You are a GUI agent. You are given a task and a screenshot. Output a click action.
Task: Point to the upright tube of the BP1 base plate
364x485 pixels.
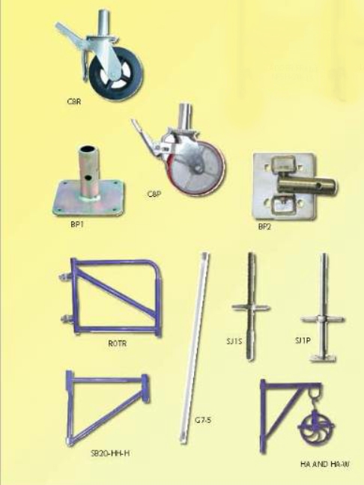point(85,168)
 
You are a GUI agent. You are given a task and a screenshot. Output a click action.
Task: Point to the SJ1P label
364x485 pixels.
point(303,341)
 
